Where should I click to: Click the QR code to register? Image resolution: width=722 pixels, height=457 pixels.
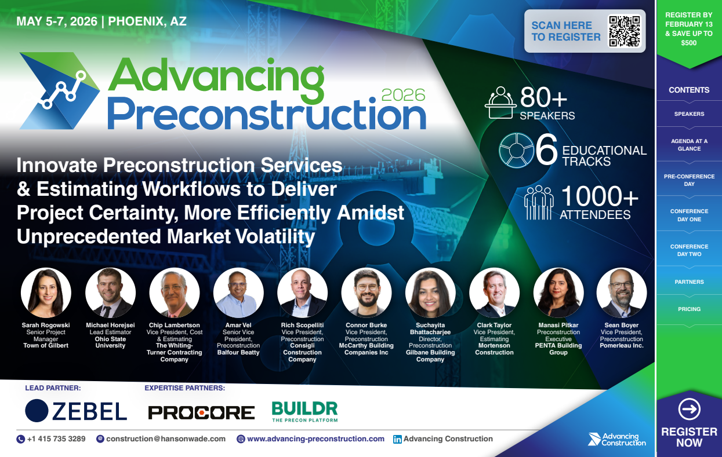(624, 31)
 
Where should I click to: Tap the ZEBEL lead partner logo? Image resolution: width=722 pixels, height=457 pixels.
(76, 410)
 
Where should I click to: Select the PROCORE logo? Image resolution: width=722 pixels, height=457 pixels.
(201, 412)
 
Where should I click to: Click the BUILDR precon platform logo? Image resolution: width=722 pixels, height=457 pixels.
(304, 411)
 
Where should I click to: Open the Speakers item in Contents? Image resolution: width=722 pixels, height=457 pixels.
(689, 114)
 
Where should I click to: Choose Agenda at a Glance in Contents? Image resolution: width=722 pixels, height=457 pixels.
(689, 145)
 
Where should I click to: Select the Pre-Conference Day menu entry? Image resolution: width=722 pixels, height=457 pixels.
(689, 180)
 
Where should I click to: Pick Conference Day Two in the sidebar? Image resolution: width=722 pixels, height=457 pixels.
(689, 250)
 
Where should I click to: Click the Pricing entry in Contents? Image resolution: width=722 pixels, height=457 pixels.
(689, 309)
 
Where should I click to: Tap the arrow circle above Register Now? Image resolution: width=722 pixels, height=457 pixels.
(689, 410)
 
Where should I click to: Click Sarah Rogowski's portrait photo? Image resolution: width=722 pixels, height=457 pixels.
(46, 293)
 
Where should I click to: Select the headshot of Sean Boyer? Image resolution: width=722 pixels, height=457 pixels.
(622, 293)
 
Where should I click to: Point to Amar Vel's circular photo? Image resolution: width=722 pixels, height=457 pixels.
(238, 293)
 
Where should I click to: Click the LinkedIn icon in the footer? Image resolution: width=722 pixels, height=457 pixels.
(397, 439)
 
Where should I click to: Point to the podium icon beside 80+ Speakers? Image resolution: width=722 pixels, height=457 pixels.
(500, 102)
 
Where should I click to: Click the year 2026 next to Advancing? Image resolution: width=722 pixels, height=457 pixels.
(404, 94)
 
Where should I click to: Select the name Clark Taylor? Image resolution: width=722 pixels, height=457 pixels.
(494, 326)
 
